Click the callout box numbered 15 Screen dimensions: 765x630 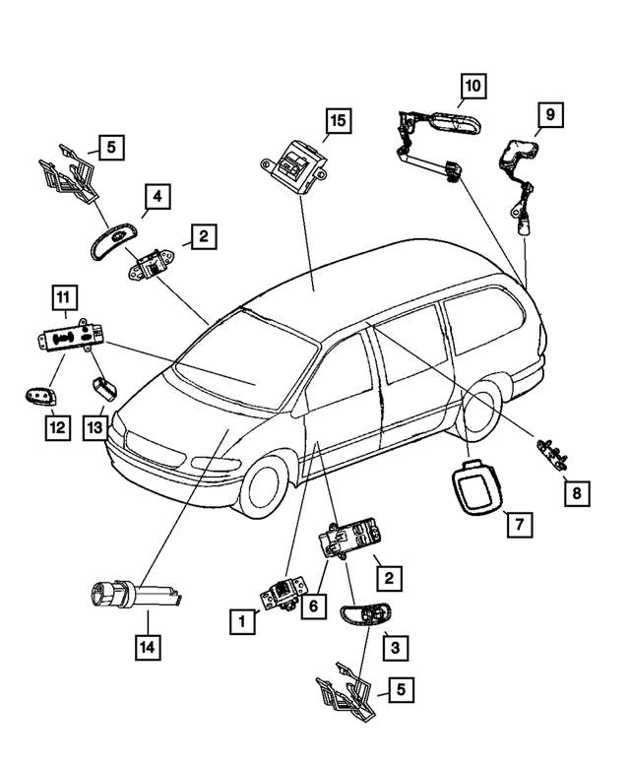click(x=338, y=121)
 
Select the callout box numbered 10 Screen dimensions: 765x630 click(x=472, y=87)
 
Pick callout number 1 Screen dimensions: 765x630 click(x=237, y=621)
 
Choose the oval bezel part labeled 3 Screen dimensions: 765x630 click(x=363, y=619)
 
